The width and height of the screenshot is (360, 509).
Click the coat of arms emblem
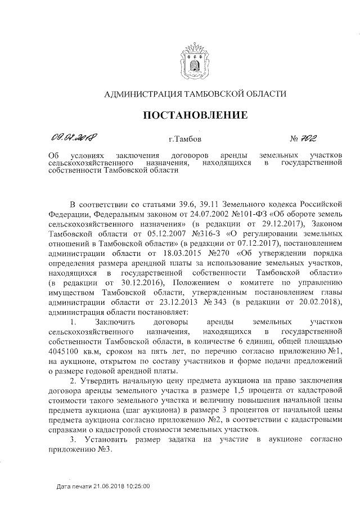[196, 60]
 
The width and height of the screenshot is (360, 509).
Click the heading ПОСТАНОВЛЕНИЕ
[196, 116]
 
